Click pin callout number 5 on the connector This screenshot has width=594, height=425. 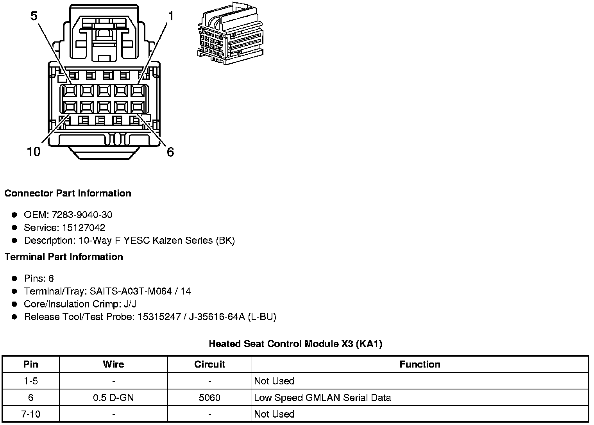34,16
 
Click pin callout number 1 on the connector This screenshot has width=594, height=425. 170,16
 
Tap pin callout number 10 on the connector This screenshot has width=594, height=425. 34,152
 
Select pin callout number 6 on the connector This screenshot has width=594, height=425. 170,152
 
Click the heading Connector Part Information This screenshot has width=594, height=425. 68,193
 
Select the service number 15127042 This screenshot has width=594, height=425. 84,227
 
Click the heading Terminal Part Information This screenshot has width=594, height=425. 64,257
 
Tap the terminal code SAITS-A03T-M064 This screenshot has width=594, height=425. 131,291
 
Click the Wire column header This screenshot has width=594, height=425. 113,364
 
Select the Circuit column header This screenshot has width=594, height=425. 209,364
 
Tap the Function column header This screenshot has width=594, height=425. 420,364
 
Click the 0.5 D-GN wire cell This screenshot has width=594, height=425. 113,398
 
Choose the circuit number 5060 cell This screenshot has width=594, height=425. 209,398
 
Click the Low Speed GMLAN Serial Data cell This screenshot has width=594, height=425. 322,398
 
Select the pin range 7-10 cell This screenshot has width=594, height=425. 31,414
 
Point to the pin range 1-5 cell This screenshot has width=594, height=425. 31,381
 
